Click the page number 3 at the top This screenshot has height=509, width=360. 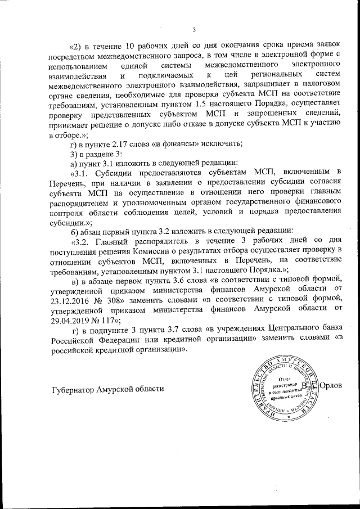pos(193,30)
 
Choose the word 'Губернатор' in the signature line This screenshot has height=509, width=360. pos(73,389)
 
